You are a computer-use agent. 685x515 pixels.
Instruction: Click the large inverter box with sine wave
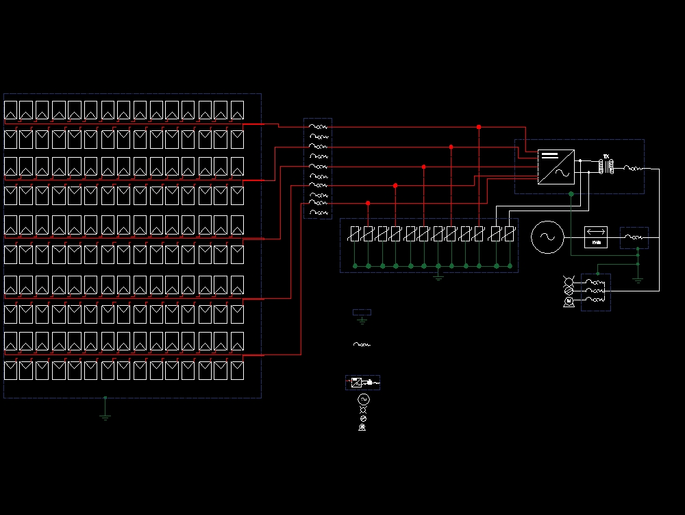pyautogui.click(x=556, y=167)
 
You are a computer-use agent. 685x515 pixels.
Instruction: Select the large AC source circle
pyautogui.click(x=547, y=237)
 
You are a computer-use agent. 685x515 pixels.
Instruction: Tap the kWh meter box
pyautogui.click(x=596, y=237)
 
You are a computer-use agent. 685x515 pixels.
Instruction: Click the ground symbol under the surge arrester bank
pyautogui.click(x=438, y=276)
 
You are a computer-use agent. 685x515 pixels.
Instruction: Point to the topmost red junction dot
pyautogui.click(x=479, y=127)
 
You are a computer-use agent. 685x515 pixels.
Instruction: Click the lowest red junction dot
pyautogui.click(x=368, y=203)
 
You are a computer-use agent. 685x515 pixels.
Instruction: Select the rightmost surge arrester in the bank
pyautogui.click(x=510, y=234)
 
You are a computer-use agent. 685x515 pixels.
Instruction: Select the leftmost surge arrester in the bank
pyautogui.click(x=354, y=234)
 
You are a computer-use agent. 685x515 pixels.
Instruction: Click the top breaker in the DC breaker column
pyautogui.click(x=318, y=127)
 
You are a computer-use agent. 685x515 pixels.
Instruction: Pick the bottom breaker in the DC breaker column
pyautogui.click(x=318, y=213)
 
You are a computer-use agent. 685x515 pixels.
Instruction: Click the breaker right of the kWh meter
pyautogui.click(x=634, y=237)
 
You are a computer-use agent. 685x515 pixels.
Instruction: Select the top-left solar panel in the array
pyautogui.click(x=10, y=110)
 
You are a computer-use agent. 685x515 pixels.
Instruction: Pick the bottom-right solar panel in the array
pyautogui.click(x=237, y=370)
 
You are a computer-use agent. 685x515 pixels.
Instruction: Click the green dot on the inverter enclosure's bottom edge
pyautogui.click(x=571, y=194)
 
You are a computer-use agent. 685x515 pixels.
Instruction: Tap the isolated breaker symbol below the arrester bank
pyautogui.click(x=362, y=344)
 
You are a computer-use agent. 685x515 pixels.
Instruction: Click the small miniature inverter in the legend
pyautogui.click(x=356, y=382)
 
